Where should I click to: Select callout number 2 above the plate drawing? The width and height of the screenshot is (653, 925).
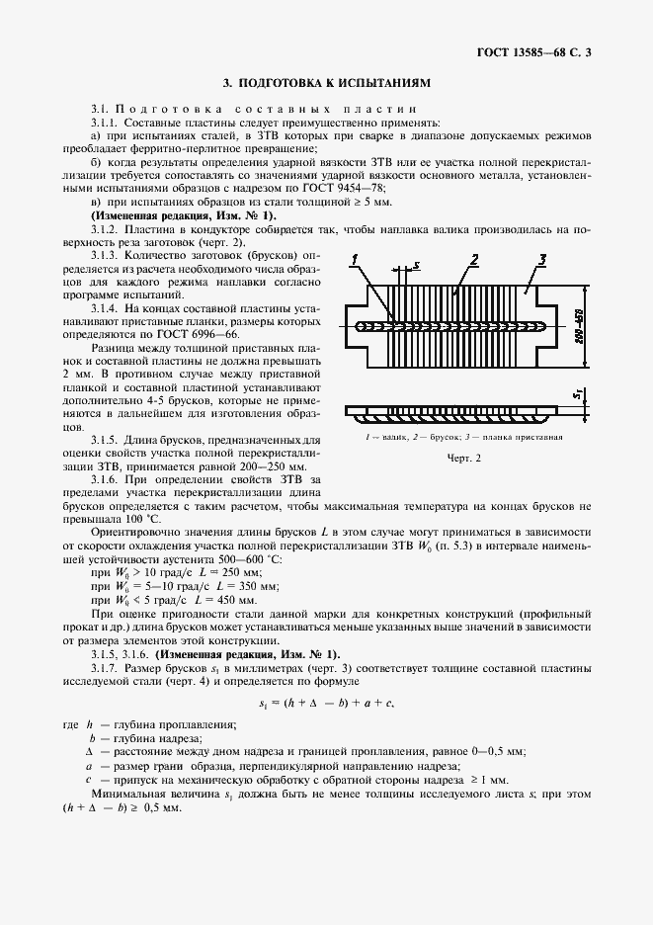474,259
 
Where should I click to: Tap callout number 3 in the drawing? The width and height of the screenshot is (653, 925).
542,259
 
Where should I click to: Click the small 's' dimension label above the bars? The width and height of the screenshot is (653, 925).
418,265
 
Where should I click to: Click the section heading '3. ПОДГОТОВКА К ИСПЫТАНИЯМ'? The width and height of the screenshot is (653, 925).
327,85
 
